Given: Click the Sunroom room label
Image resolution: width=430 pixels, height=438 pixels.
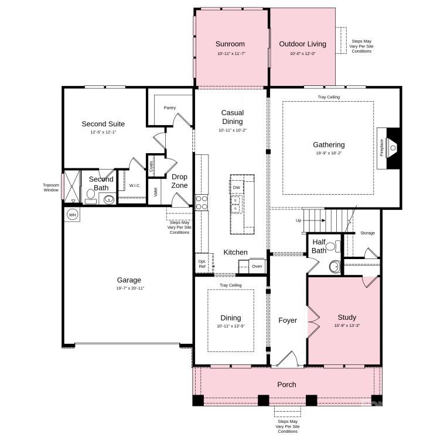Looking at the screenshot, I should [230, 44].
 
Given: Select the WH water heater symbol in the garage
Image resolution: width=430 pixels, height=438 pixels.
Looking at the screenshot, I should [73, 215].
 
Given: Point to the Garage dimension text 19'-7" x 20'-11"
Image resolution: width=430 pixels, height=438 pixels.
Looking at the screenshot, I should [129, 288].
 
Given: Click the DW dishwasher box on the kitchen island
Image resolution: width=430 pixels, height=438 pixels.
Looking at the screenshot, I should [236, 188].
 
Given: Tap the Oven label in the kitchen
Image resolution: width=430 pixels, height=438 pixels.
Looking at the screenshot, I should [257, 267].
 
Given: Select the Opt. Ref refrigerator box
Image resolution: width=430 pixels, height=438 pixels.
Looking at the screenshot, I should [202, 264].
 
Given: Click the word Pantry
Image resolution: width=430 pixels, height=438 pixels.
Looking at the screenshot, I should [170, 108].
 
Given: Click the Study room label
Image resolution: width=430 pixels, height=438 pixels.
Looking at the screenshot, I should [347, 318].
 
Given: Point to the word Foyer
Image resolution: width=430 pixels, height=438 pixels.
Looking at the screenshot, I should [287, 320].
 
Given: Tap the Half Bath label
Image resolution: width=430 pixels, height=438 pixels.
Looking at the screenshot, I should [319, 246].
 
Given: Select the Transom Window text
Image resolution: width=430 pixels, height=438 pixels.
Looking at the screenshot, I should [51, 187].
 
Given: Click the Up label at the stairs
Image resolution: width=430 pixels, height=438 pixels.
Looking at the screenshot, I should [298, 221].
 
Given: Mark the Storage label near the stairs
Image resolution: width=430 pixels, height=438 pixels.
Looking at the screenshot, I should [367, 233].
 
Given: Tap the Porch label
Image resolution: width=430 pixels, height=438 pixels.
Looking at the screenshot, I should [287, 384].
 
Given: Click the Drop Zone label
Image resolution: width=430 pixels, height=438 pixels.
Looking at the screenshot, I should [179, 181].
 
